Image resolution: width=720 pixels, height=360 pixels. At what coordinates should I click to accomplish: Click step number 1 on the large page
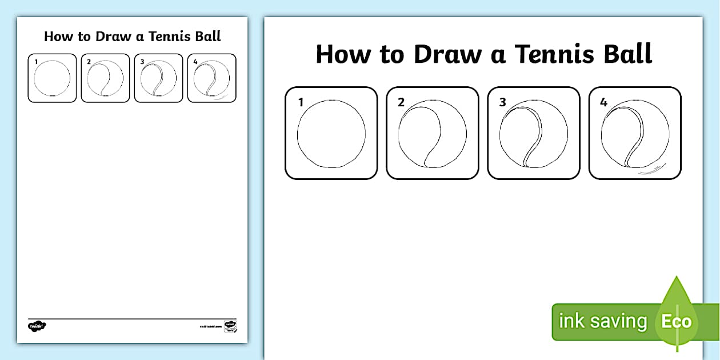pos(301,103)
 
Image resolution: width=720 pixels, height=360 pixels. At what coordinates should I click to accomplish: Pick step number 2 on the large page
pos(401,103)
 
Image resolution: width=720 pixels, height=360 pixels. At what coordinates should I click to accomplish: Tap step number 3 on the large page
pos(502,103)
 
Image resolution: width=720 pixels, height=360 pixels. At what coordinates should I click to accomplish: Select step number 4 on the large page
pos(603,103)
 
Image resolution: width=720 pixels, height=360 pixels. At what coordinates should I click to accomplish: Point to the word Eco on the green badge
pos(676,321)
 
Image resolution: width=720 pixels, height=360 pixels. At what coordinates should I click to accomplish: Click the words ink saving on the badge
pos(602,321)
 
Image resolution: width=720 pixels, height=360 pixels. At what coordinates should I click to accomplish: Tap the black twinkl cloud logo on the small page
pos(37,326)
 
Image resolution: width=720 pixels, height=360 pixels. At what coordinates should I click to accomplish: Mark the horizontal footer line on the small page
pos(132,319)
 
